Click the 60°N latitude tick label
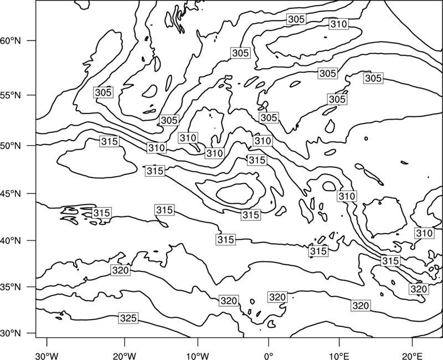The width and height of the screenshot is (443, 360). (11, 41)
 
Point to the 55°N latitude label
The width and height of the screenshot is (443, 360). (11, 95)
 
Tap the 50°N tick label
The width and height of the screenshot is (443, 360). (11, 146)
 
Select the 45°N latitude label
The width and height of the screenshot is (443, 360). (11, 193)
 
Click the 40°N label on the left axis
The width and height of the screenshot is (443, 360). (11, 241)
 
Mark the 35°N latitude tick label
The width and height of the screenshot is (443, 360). (11, 287)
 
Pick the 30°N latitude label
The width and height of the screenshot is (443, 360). (11, 333)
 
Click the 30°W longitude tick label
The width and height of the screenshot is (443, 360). (47, 356)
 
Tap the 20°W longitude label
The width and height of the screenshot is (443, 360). (124, 356)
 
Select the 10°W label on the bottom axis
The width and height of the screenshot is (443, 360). (198, 356)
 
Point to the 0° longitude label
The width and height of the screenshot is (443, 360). (268, 356)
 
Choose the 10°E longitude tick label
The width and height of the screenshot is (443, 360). (339, 356)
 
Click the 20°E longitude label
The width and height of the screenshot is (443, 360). (412, 356)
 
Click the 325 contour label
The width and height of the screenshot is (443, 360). (128, 318)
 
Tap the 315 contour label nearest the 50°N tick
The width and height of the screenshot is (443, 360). (110, 141)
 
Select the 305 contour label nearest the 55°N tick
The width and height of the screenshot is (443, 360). (104, 92)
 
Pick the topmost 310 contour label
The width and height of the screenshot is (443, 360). (339, 24)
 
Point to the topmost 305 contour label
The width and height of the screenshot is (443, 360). (296, 19)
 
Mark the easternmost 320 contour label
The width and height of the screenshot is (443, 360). (419, 289)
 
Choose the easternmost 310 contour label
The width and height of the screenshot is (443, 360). (425, 233)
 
